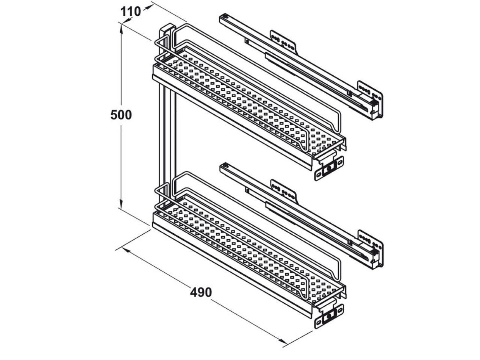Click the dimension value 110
point(130,11)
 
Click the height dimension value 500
point(121,115)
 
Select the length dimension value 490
point(201,292)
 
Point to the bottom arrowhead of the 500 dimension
point(121,204)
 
